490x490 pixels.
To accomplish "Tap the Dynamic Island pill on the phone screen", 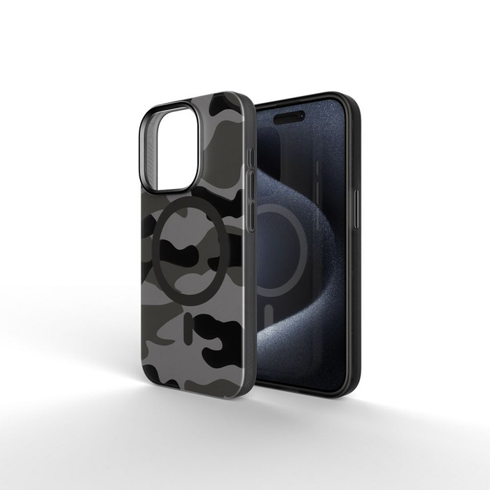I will pyautogui.click(x=289, y=117).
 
